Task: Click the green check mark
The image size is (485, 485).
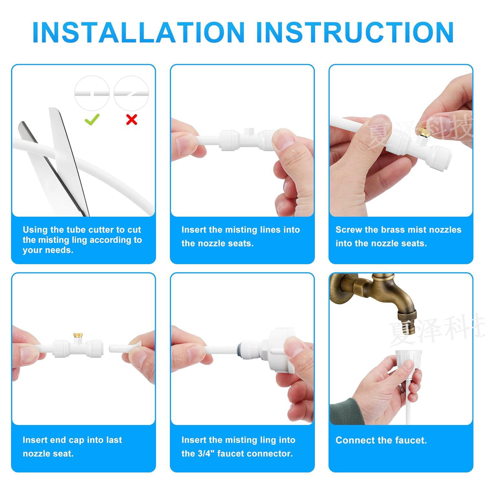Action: tap(92, 120)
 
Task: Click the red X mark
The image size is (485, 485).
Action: tap(132, 120)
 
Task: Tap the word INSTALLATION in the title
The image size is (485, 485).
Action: tap(138, 32)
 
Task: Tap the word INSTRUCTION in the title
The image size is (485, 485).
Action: tap(355, 32)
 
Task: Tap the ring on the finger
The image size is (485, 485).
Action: tap(401, 388)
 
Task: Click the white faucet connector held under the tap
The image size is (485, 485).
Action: tap(404, 362)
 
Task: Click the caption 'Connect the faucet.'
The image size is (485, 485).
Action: tap(381, 440)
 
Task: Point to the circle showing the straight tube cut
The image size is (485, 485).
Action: tap(92, 93)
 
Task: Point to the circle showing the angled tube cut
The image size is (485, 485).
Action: tap(132, 93)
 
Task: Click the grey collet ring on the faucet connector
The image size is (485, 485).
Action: tap(240, 350)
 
